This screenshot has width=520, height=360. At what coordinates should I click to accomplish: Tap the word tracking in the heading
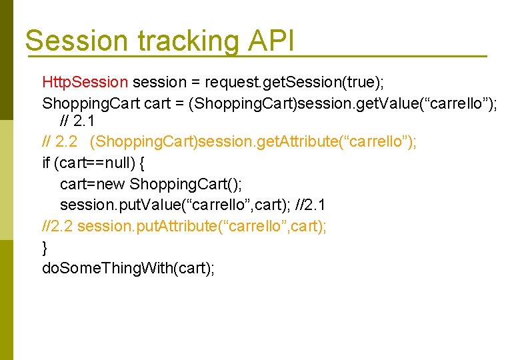(187, 41)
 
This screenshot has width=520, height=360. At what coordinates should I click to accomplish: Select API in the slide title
(271, 41)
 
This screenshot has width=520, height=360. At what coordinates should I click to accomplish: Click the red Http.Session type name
(85, 83)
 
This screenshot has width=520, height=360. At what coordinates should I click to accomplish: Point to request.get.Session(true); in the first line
(295, 83)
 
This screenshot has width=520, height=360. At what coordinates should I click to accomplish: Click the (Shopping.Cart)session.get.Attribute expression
(253, 142)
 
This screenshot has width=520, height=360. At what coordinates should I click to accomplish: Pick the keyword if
(46, 163)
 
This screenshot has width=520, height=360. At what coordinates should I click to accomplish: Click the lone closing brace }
(45, 247)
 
